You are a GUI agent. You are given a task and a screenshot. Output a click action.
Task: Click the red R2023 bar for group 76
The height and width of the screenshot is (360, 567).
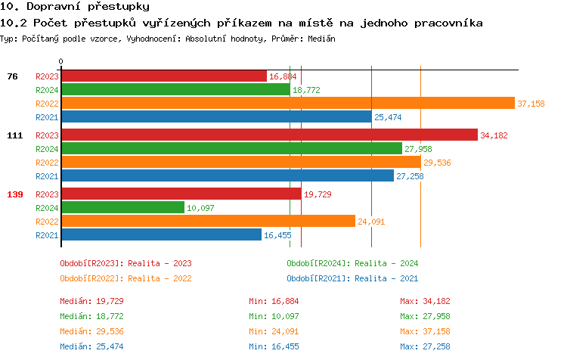pyautogui.click(x=164, y=76)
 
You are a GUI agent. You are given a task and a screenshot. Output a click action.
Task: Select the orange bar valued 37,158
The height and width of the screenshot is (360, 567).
pyautogui.click(x=287, y=104)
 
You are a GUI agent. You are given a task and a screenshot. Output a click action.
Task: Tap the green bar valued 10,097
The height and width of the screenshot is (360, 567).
pyautogui.click(x=122, y=207)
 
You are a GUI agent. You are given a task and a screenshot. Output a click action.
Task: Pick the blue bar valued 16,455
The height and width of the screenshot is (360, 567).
pyautogui.click(x=161, y=235)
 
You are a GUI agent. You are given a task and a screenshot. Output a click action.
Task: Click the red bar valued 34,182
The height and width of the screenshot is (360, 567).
pyautogui.click(x=269, y=135)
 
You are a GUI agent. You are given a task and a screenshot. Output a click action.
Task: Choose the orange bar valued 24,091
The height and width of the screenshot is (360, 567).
pyautogui.click(x=208, y=222)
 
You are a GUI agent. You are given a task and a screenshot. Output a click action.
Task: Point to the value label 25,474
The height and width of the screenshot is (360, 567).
pyautogui.click(x=388, y=117)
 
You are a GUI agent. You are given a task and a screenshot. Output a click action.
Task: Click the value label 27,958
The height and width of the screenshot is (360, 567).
pyautogui.click(x=418, y=149)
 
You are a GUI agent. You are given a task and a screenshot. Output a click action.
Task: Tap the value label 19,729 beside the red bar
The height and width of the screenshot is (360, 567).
pyautogui.click(x=318, y=194)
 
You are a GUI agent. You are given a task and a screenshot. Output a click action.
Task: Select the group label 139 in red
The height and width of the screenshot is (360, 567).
pyautogui.click(x=15, y=194)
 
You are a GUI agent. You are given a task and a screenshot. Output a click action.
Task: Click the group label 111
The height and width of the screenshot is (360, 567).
pyautogui.click(x=15, y=135)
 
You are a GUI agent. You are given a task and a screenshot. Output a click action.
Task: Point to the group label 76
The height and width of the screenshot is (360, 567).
pyautogui.click(x=12, y=76)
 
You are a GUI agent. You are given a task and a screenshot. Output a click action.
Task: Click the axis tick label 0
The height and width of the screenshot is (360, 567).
pyautogui.click(x=61, y=61)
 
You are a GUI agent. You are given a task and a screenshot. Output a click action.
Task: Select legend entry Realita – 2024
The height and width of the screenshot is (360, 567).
pyautogui.click(x=352, y=263)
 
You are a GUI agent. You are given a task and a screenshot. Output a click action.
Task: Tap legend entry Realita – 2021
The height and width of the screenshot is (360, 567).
pyautogui.click(x=352, y=278)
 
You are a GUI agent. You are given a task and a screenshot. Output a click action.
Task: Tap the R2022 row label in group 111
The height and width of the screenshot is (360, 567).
pyautogui.click(x=47, y=163)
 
